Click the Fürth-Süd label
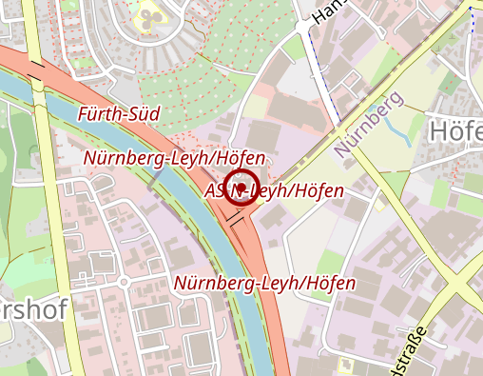(x=118, y=114)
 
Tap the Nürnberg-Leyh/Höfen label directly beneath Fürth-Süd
(x=174, y=156)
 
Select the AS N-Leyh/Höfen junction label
(x=275, y=191)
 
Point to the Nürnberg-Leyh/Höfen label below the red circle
(x=264, y=283)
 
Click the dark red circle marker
(x=243, y=187)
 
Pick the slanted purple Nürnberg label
(x=370, y=125)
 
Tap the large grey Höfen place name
(x=455, y=130)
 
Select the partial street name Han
(x=329, y=10)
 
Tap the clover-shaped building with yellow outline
(x=148, y=14)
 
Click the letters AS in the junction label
(x=215, y=191)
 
